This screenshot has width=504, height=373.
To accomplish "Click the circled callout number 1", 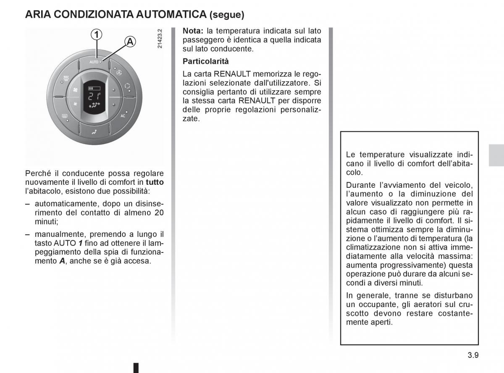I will pos(97,34).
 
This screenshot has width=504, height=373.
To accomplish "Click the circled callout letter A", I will pos(130,42).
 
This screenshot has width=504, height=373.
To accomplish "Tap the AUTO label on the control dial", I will pos(93,62).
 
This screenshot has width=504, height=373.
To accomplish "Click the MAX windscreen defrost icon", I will pos(66,77).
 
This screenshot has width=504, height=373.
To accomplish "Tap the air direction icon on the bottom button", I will pos(94,132).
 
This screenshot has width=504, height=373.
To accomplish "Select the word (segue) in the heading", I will pos(227,15).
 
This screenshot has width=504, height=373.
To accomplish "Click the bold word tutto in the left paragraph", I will pos(155,182).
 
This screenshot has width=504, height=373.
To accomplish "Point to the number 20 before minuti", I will pos(159,213).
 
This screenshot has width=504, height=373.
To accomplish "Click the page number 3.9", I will pos(473,355).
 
